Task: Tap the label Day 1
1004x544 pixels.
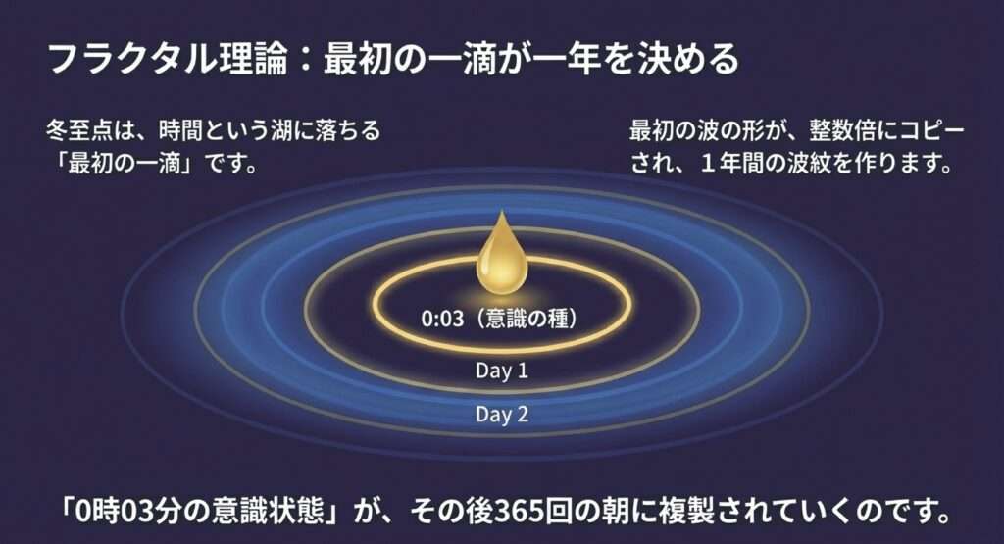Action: (501, 371)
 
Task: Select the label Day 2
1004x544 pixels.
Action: (501, 414)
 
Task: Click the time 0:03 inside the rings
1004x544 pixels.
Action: (442, 319)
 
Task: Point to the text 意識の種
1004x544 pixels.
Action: (527, 319)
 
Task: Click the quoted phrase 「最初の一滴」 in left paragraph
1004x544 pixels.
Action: (127, 164)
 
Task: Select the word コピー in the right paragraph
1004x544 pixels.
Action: (931, 131)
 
